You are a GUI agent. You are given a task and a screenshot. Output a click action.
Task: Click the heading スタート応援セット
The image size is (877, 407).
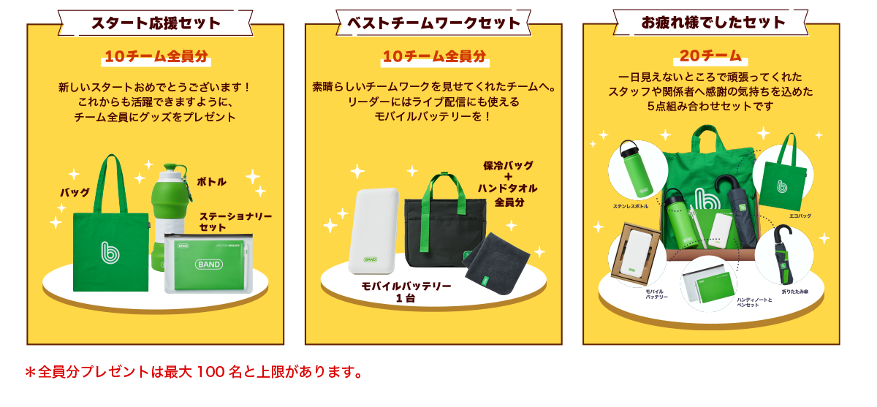click(x=156, y=23)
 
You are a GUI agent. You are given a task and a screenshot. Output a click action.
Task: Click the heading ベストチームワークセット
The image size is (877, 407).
click(x=433, y=23)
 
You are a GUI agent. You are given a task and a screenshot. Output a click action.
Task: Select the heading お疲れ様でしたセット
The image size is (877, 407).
click(x=713, y=23)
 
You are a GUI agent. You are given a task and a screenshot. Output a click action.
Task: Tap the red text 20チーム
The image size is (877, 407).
click(x=710, y=56)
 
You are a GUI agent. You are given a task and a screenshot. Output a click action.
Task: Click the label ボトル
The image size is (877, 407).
click(x=212, y=182)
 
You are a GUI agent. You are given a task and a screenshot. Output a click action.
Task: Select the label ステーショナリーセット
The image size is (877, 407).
click(x=235, y=222)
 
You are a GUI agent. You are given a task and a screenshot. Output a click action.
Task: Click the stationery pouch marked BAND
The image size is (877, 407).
click(x=209, y=263)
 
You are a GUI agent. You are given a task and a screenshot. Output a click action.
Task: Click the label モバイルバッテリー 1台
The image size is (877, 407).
click(x=406, y=292)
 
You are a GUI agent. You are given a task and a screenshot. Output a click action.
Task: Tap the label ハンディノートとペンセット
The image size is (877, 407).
click(x=753, y=301)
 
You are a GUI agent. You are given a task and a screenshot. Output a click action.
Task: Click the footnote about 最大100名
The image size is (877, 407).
click(x=194, y=372)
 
